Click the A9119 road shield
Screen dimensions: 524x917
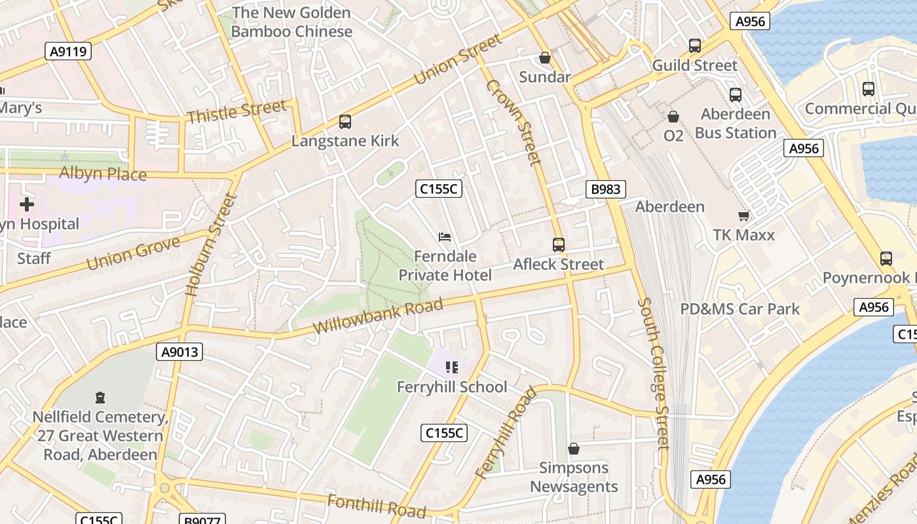pyautogui.click(x=68, y=51)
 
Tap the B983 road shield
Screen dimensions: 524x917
pyautogui.click(x=605, y=190)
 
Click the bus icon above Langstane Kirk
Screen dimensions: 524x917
pyautogui.click(x=345, y=122)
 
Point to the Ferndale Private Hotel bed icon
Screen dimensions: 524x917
pyautogui.click(x=445, y=236)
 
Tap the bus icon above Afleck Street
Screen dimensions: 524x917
pyautogui.click(x=559, y=245)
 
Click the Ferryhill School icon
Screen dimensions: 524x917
pyautogui.click(x=452, y=367)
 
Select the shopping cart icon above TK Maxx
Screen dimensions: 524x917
pyautogui.click(x=743, y=215)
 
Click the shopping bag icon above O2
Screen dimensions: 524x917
pyautogui.click(x=673, y=117)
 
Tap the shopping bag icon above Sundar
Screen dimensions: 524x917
pyautogui.click(x=545, y=58)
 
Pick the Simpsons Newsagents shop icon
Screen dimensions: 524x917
pyautogui.click(x=574, y=449)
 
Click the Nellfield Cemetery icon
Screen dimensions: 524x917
pyautogui.click(x=100, y=398)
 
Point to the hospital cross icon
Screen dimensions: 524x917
pyautogui.click(x=27, y=204)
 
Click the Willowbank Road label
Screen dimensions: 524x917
pyautogui.click(x=378, y=316)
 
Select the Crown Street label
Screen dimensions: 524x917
pyautogui.click(x=514, y=122)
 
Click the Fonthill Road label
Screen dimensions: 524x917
pyautogui.click(x=376, y=506)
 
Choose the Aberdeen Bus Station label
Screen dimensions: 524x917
pyautogui.click(x=735, y=123)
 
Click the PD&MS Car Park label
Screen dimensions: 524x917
pyautogui.click(x=739, y=309)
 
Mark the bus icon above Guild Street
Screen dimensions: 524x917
pyautogui.click(x=695, y=46)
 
